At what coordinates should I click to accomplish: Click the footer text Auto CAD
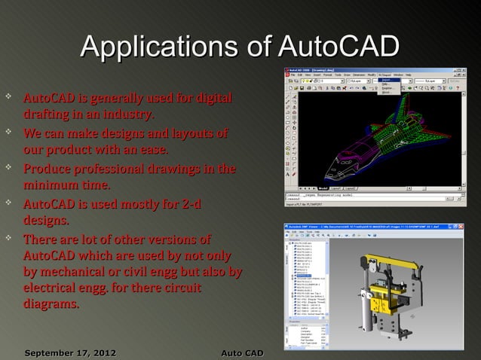pyautogui.click(x=241, y=352)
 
